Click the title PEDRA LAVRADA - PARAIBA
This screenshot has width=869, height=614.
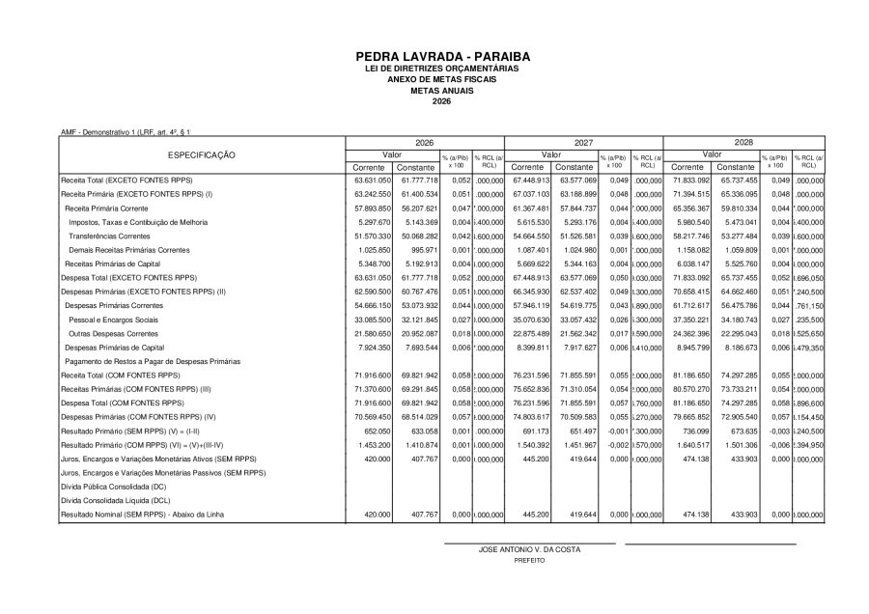(434, 57)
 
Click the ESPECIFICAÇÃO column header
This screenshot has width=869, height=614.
(204, 154)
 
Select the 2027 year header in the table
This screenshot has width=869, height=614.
(583, 141)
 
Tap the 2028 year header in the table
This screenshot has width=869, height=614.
(743, 141)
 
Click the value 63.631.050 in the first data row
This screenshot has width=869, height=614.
(371, 180)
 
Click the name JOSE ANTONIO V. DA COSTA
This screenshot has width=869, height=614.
(529, 550)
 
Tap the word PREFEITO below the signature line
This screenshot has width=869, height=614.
(529, 560)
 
